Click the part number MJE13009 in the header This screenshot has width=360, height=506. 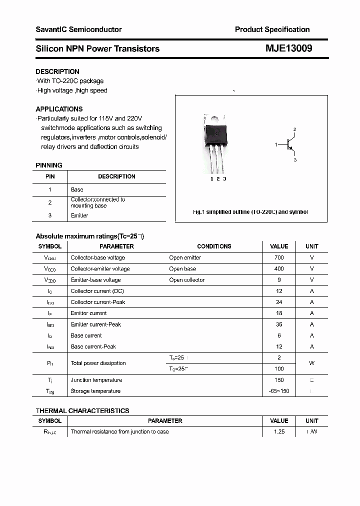(289, 48)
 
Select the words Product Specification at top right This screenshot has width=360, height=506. (272, 29)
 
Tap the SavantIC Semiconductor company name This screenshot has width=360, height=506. (78, 29)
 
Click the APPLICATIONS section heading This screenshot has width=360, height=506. (59, 109)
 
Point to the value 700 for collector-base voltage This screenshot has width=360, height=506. (279, 257)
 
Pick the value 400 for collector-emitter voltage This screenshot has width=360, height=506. (279, 268)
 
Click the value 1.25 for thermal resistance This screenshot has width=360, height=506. (279, 431)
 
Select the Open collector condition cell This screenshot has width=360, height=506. (186, 280)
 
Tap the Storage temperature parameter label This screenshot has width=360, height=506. (95, 391)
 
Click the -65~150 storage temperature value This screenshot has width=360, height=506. (279, 391)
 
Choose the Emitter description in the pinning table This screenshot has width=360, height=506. (79, 215)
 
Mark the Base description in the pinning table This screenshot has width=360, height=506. (77, 189)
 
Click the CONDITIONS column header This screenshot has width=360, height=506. (214, 246)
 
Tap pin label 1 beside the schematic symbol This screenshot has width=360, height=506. (276, 144)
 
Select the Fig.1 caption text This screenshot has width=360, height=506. (250, 212)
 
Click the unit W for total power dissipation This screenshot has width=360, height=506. (312, 363)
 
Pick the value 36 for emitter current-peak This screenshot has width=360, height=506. (279, 324)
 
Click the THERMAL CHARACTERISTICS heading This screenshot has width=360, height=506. (82, 410)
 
